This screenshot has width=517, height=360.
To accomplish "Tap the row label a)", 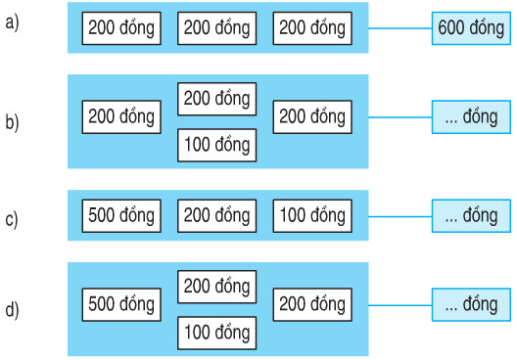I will click(x=12, y=23).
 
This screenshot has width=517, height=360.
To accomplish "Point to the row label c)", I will click(x=12, y=217).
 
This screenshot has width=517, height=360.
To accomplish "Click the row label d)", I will click(x=12, y=311).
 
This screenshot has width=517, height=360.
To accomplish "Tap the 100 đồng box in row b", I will click(x=216, y=146).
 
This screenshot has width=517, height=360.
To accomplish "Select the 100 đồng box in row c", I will click(x=310, y=215).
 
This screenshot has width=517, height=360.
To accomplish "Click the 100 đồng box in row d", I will click(x=216, y=334).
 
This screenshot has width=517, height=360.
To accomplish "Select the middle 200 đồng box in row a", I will click(x=216, y=28).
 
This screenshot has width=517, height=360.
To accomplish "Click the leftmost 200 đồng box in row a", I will click(x=121, y=28).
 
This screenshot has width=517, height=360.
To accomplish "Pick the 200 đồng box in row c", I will click(x=216, y=215).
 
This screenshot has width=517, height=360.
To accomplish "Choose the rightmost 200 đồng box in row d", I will click(x=310, y=305).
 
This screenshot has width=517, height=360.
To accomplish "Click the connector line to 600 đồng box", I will click(x=399, y=28).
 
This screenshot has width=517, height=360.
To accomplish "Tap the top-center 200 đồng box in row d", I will click(x=216, y=287).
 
